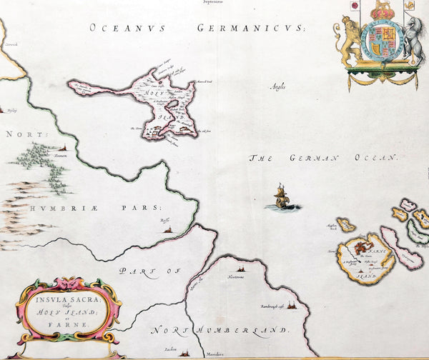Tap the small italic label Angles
point(277,87)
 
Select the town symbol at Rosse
point(167,229)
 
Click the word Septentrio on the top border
point(212,3)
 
